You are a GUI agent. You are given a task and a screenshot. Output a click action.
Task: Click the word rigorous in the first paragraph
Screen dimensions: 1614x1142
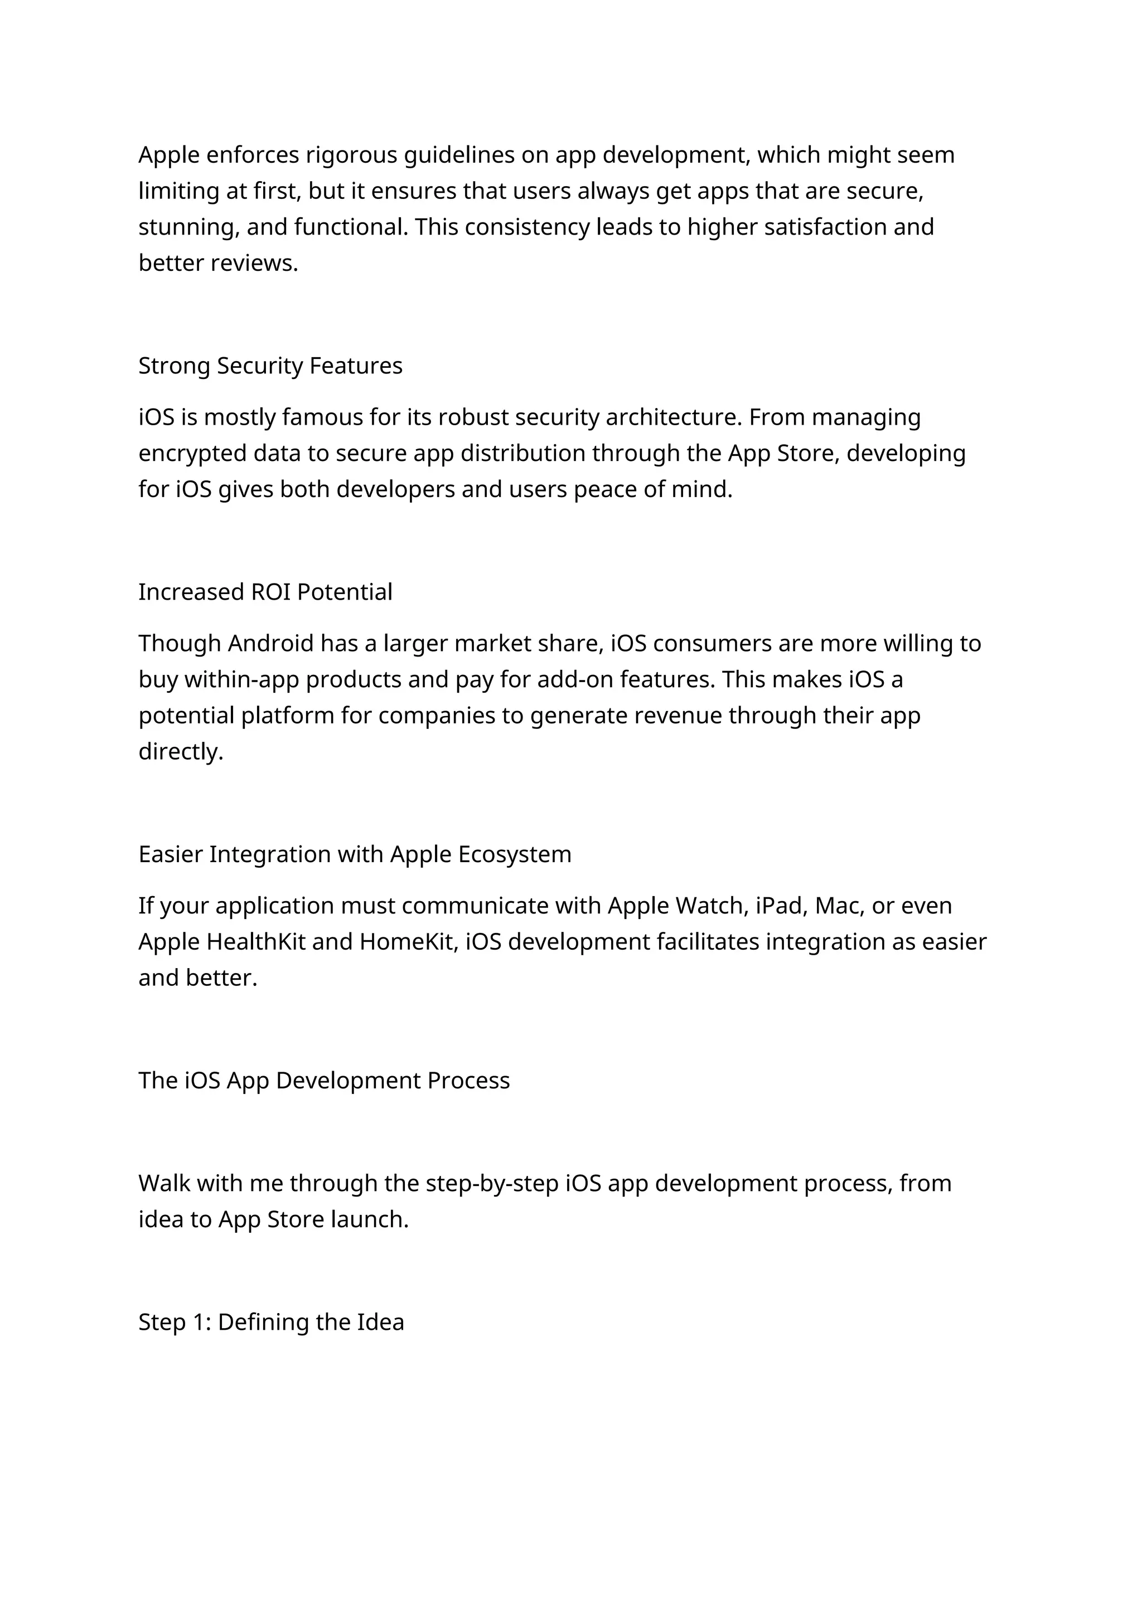coord(352,155)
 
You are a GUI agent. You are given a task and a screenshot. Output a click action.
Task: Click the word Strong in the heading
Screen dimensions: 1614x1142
coord(175,366)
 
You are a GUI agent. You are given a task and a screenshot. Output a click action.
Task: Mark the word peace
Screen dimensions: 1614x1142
coord(606,490)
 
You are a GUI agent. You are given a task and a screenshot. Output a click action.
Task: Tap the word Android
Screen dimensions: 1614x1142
coord(271,644)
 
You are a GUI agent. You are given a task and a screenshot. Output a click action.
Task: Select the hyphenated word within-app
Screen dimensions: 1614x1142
coord(242,680)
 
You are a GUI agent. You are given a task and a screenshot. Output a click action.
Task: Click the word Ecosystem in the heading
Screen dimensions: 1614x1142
coord(515,855)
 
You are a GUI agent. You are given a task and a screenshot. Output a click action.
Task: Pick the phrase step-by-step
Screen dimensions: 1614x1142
coord(492,1184)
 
